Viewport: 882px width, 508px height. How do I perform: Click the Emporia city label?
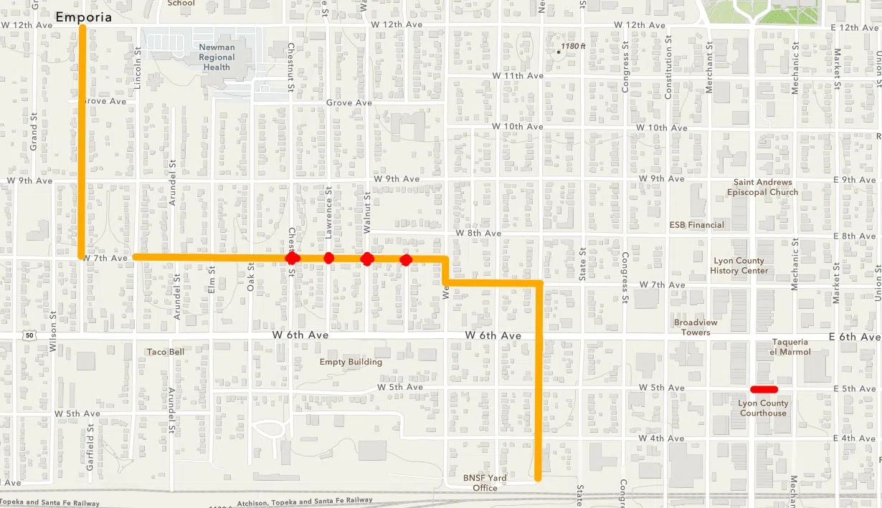click(x=83, y=16)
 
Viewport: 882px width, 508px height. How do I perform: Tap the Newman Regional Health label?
click(x=216, y=57)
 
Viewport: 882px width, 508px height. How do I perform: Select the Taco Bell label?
click(x=166, y=352)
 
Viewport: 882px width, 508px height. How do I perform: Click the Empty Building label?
click(x=351, y=362)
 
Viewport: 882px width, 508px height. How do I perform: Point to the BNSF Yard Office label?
click(x=485, y=483)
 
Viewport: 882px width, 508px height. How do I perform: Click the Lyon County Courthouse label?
click(x=763, y=408)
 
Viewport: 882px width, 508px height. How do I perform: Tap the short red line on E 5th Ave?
click(x=764, y=390)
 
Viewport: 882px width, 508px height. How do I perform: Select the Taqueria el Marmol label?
click(x=791, y=347)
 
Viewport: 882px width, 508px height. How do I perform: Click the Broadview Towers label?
click(x=696, y=327)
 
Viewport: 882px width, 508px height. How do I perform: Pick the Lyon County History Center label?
click(x=739, y=266)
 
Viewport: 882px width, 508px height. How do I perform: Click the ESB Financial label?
click(x=697, y=225)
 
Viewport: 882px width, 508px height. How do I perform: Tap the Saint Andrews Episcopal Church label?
click(x=762, y=187)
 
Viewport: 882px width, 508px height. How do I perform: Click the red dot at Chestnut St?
click(x=292, y=258)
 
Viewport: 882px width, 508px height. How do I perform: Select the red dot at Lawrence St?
click(x=328, y=258)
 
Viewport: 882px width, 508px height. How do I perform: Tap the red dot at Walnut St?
click(x=367, y=259)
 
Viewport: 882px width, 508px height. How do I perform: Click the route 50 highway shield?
click(x=29, y=335)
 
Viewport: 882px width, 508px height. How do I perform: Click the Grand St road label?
click(x=34, y=130)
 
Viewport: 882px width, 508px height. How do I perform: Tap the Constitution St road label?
click(x=668, y=75)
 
